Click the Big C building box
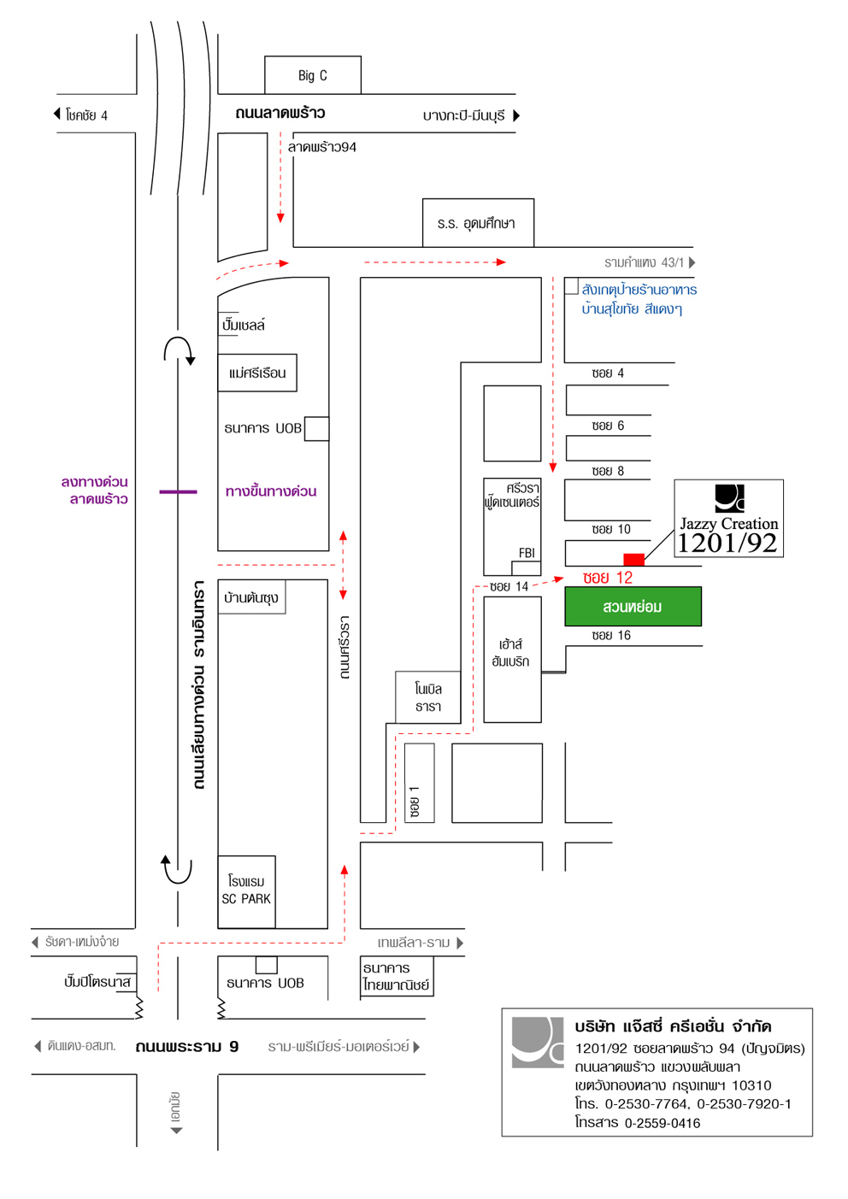(313, 75)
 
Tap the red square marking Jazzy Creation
(633, 560)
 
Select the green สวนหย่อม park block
(633, 607)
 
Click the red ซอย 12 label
(608, 578)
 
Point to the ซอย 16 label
(611, 635)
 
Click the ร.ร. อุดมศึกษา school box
(478, 223)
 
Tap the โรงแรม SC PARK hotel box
(246, 891)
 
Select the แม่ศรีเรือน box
(257, 373)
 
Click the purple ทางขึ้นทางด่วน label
(270, 491)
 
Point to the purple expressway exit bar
(179, 491)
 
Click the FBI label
(527, 553)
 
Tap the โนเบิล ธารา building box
(427, 696)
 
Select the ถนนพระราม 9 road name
(187, 1046)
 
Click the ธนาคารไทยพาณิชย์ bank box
(397, 976)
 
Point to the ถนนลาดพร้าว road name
(280, 113)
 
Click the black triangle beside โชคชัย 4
(56, 114)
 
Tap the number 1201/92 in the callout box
(727, 543)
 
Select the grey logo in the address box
(538, 1043)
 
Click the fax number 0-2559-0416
(662, 1123)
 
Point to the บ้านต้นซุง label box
(251, 597)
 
